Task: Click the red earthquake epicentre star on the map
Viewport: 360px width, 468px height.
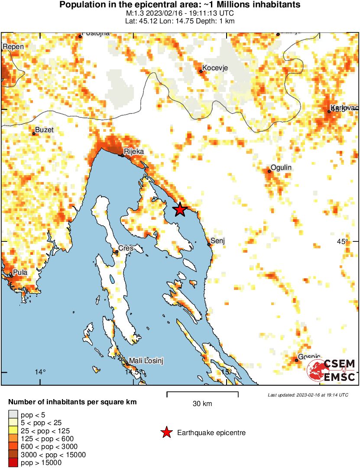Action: point(180,210)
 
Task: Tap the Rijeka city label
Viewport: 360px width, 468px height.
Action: point(133,152)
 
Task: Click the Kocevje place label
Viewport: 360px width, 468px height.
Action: point(215,68)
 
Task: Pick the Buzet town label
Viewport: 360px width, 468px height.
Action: point(44,130)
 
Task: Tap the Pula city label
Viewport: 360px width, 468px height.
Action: point(20,273)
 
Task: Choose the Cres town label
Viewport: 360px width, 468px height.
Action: point(126,248)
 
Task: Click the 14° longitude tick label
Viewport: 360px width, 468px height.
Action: point(40,371)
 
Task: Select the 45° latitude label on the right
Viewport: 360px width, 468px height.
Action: point(343,241)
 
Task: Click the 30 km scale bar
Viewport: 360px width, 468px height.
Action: point(202,394)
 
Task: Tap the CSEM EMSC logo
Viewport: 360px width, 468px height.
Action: point(331,370)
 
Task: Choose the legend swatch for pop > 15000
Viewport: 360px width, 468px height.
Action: point(13,463)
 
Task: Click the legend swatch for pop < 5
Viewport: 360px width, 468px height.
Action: point(13,415)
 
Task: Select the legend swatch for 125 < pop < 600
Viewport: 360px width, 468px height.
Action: point(13,439)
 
